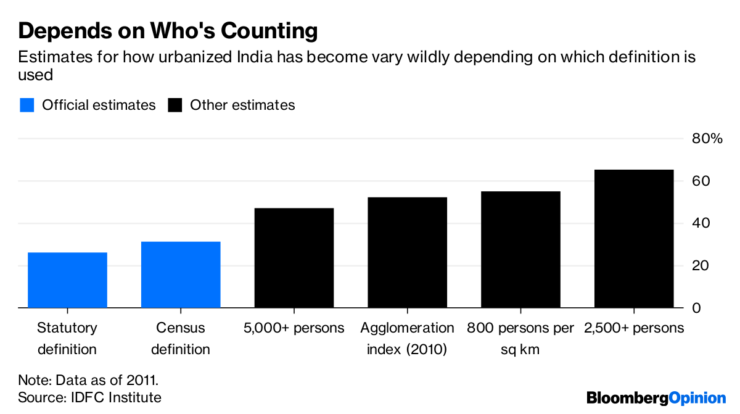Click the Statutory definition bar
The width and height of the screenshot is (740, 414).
pos(67,280)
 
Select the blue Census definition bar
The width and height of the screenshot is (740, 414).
pos(181,275)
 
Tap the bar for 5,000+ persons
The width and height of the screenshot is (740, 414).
pos(294,258)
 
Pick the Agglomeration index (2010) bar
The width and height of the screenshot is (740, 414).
pos(407,252)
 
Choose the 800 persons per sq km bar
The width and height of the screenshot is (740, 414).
pos(520,249)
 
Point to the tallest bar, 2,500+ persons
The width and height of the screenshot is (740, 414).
pos(634,239)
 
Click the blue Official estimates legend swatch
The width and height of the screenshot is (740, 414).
pos(27,106)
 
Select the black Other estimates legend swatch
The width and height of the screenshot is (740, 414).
pos(176,106)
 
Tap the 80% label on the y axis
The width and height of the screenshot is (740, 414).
pos(706,139)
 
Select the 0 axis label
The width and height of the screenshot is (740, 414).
pos(697,308)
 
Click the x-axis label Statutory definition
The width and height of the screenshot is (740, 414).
pos(67,338)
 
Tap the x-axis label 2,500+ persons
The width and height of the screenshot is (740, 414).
pos(634,328)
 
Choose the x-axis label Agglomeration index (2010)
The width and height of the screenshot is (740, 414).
pos(407,338)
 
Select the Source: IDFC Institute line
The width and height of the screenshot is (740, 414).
pos(89,397)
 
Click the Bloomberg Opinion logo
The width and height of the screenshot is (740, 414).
pos(656,398)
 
